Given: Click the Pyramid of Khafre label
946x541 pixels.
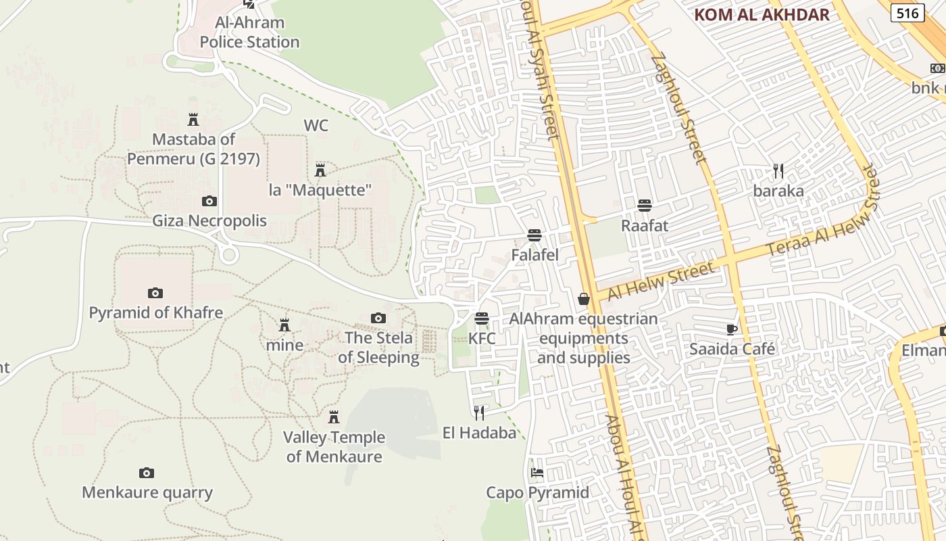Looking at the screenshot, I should coord(156,313).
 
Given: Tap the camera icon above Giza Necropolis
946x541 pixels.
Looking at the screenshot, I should coord(209,201).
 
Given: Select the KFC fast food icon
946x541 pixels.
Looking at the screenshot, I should coord(482,318).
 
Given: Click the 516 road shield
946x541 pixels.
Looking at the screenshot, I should coord(907,12).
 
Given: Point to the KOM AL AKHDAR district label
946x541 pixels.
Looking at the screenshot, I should coord(762,15).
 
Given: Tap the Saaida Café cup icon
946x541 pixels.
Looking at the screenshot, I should coord(731,329).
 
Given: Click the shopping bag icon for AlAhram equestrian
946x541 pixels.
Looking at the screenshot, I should coord(584,299).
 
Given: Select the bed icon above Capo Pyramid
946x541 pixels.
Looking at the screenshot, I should coord(537,472).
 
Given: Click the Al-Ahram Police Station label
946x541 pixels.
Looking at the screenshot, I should coord(249,32).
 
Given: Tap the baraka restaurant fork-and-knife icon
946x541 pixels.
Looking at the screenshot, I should coord(778,170).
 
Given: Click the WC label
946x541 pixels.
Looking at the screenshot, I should coord(316,125).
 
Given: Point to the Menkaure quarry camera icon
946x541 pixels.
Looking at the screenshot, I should coord(147,473).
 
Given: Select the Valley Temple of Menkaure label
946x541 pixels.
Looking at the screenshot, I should coord(334,447).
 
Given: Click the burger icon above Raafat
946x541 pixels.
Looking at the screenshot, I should coord(645,205).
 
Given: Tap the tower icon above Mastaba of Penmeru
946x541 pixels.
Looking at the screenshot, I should coord(193,120).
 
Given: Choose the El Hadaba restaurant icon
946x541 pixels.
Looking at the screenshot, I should coord(479,413).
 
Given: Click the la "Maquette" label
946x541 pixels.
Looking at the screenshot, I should coord(320,190).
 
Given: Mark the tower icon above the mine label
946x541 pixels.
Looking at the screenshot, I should coord(284,325).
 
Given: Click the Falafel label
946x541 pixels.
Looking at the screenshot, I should coord(534,255).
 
